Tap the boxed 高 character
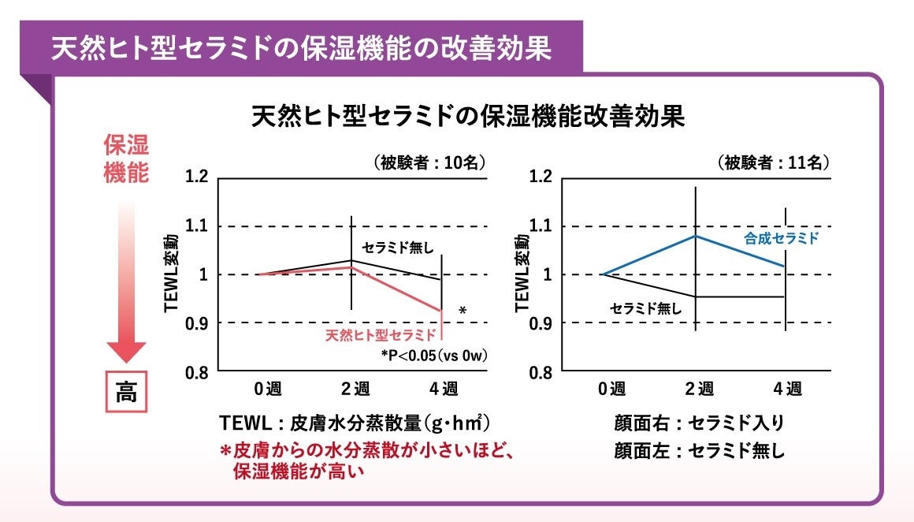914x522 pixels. [x=126, y=392]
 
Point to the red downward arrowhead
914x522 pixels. [x=126, y=351]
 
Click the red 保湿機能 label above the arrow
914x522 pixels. [x=126, y=159]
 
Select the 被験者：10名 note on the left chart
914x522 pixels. [x=429, y=163]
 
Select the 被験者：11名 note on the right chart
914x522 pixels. [x=773, y=163]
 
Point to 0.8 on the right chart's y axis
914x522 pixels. [x=541, y=372]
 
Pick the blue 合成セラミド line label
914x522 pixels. [x=782, y=238]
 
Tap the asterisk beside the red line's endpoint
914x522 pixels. [x=463, y=312]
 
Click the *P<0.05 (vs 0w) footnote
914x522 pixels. [x=434, y=356]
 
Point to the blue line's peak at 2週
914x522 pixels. [x=696, y=236]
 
